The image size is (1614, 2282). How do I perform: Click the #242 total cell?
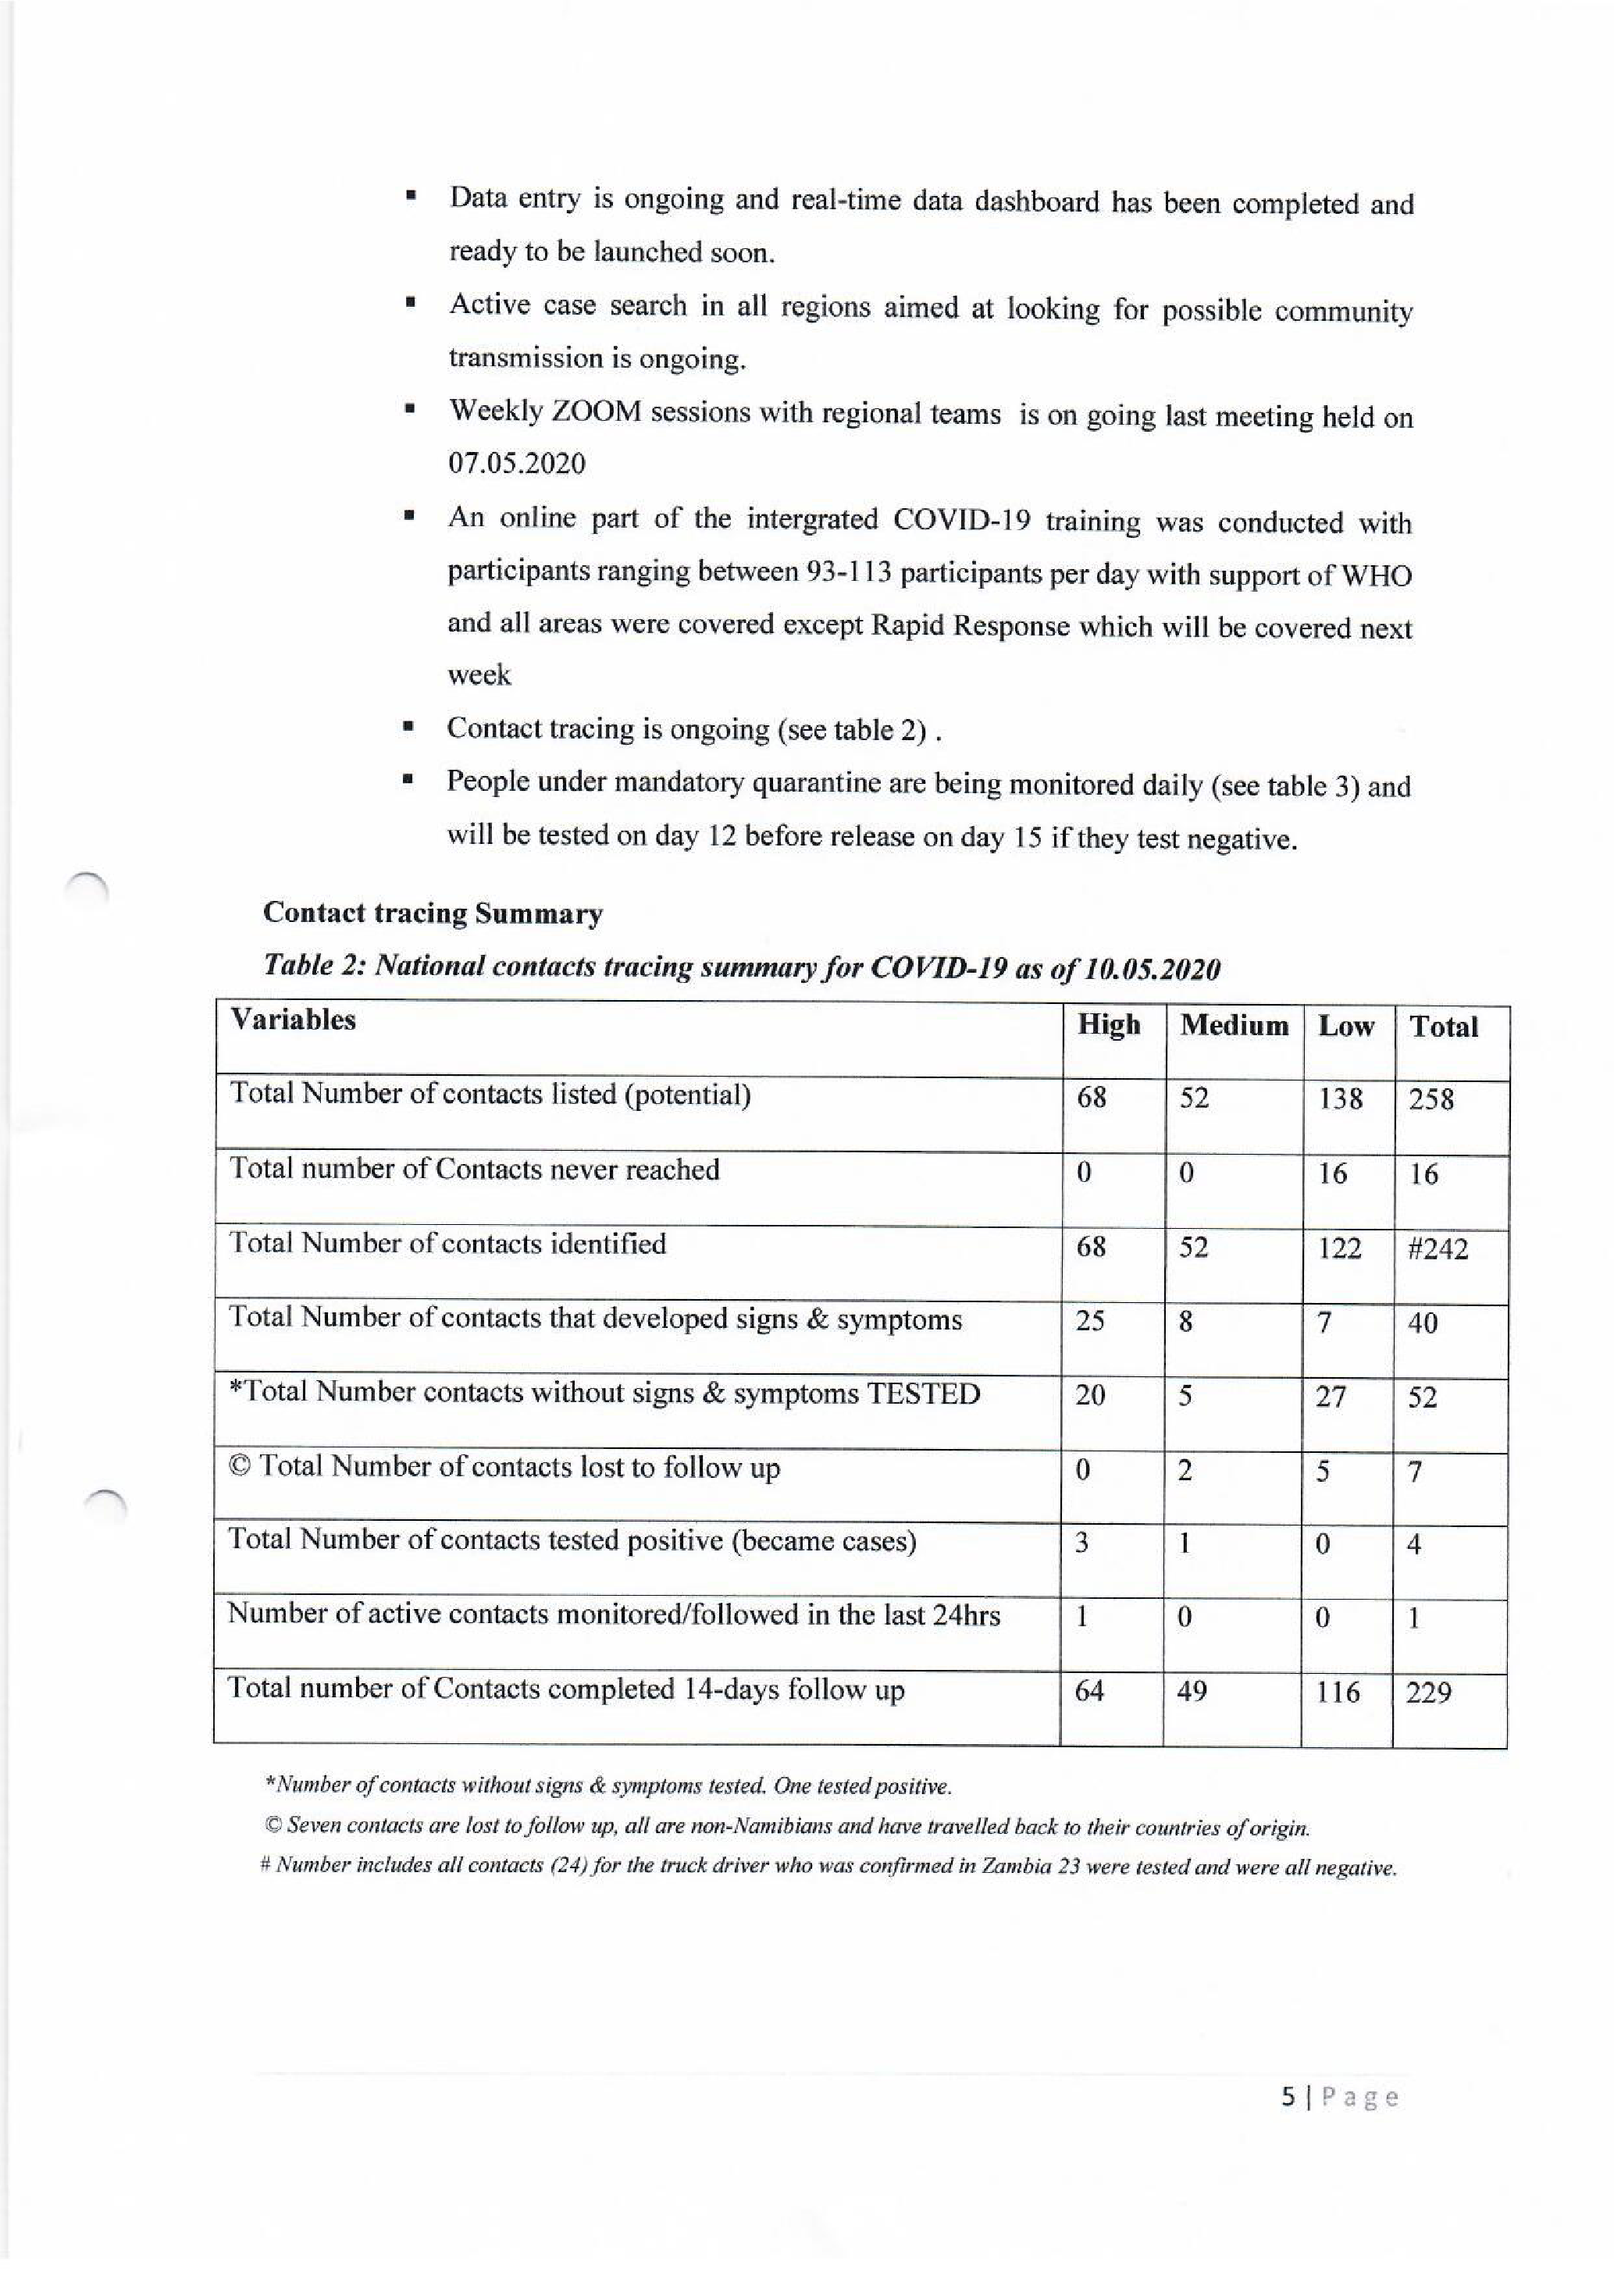1437,1248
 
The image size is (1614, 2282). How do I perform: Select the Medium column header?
1234,1025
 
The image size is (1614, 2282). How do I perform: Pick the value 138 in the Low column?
1340,1098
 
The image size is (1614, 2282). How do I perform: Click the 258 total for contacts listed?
1431,1099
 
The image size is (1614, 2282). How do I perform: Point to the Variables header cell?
293,1020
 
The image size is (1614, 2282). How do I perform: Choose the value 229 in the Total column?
1428,1693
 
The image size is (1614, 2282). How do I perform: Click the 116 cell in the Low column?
1338,1692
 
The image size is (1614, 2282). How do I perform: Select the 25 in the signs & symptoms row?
1090,1321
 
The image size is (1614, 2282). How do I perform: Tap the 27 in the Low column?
1331,1397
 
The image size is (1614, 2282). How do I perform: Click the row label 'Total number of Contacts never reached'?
474,1169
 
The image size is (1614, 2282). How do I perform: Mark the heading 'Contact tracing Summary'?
433,913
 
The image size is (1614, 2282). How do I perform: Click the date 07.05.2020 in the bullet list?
517,463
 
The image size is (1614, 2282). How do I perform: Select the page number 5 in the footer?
1288,2097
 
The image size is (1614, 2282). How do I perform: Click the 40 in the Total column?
1422,1323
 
